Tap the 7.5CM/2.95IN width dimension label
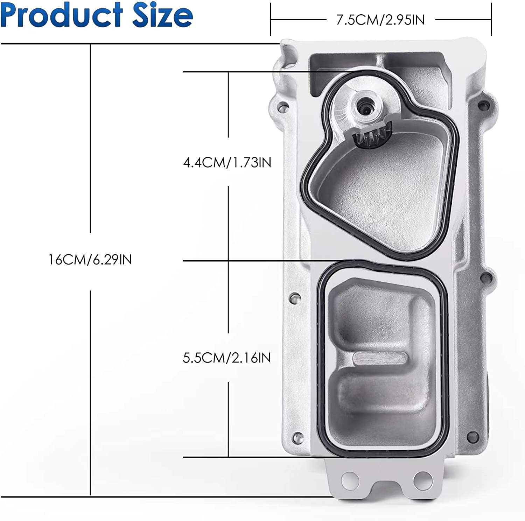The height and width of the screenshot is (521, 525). coord(380,20)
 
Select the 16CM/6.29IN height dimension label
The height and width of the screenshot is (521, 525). coord(90,260)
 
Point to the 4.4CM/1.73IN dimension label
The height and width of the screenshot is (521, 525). coord(227,162)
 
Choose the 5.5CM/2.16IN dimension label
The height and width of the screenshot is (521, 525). coord(227,358)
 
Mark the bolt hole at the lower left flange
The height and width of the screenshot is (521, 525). coord(296,438)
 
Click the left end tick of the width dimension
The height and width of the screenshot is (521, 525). coord(271,20)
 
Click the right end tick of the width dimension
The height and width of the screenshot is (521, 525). coord(491,20)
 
